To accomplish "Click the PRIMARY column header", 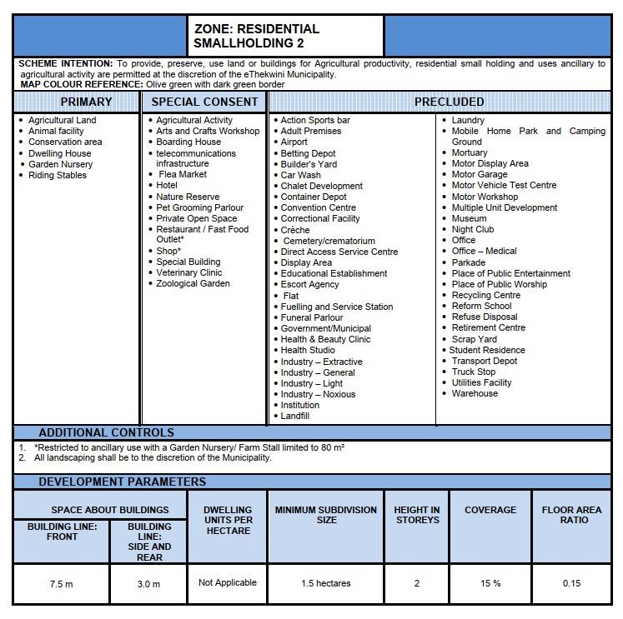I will [x=86, y=102].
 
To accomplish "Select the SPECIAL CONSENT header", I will [x=205, y=102].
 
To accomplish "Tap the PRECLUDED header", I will [x=449, y=102].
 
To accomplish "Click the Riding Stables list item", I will [x=58, y=175].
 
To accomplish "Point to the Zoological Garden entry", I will [x=193, y=283].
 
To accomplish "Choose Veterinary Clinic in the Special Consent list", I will [x=189, y=272].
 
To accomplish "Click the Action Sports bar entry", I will [x=315, y=120].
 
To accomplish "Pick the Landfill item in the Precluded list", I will [x=295, y=416].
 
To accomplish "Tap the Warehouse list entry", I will [x=475, y=393].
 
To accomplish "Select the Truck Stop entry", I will [x=474, y=372].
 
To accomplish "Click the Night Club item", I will [x=473, y=229].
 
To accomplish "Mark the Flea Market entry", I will [x=183, y=174].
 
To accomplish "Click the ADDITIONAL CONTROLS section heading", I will [x=106, y=432].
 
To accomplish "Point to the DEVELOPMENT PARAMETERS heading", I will [x=122, y=482].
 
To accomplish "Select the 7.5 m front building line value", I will [x=62, y=584].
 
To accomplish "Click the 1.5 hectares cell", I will [x=326, y=583].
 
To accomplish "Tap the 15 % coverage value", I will [x=490, y=583].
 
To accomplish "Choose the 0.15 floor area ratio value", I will [x=571, y=583].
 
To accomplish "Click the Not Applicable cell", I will [x=228, y=582].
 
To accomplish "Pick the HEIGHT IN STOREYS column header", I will [x=417, y=515].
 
